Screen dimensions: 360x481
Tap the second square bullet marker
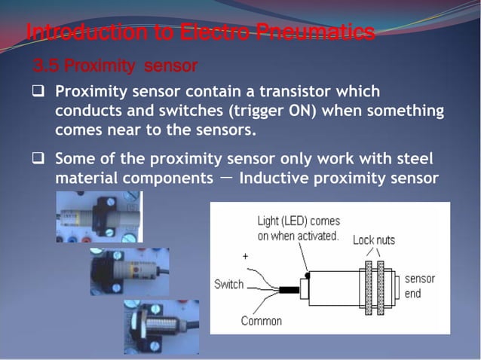[x=38, y=160]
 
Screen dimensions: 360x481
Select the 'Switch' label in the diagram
[x=229, y=284]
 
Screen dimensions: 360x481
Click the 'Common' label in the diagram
[x=261, y=322]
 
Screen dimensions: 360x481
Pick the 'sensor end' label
[x=419, y=286]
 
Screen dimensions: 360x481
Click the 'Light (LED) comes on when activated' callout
[x=299, y=228]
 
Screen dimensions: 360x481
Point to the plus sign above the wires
[x=244, y=257]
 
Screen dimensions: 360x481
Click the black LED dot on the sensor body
[x=307, y=275]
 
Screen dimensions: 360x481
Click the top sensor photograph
[x=99, y=217]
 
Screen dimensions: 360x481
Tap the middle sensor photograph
[x=129, y=271]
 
